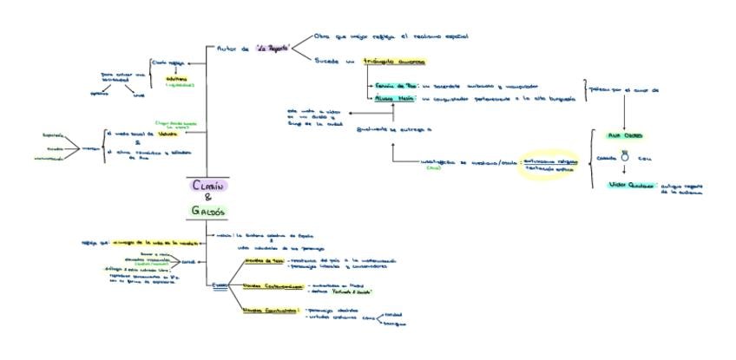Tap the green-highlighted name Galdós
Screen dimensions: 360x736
208,210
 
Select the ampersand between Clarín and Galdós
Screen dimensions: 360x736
208,197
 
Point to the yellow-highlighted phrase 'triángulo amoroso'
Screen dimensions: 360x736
393,62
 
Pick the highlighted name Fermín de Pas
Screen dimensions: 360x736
398,87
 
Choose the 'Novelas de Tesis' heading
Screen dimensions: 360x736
262,259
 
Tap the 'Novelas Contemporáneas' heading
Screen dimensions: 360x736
272,285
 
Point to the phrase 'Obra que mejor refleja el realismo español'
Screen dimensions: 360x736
391,36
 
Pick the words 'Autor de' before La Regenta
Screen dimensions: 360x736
232,49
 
